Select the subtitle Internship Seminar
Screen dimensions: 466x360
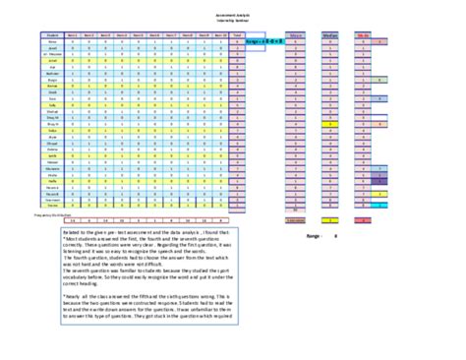tap(233, 20)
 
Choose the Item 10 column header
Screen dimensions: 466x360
tap(218, 34)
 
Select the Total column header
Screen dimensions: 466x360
tap(239, 34)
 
